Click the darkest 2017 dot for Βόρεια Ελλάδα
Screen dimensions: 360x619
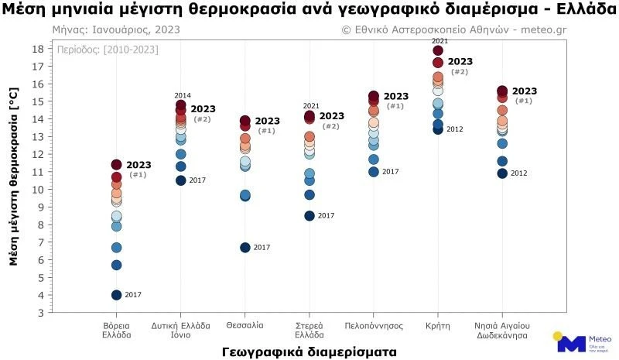tap(117, 295)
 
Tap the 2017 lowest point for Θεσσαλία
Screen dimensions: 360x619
tap(245, 247)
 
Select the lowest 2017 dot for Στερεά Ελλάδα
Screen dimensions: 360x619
tap(309, 216)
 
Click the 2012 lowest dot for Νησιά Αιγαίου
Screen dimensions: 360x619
tap(502, 173)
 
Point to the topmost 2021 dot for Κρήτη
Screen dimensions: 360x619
tap(438, 51)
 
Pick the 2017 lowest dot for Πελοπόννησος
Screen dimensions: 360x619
tap(374, 172)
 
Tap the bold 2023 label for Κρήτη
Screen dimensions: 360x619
tap(460, 62)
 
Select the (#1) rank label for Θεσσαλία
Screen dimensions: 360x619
tap(266, 131)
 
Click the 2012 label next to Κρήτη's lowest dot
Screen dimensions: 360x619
tap(454, 129)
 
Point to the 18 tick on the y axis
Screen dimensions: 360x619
tap(38, 49)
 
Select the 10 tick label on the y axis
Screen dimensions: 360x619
tap(38, 190)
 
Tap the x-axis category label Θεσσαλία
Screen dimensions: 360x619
tap(245, 325)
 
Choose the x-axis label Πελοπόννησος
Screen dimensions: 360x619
tap(374, 325)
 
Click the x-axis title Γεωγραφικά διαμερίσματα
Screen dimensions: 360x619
tap(309, 351)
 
